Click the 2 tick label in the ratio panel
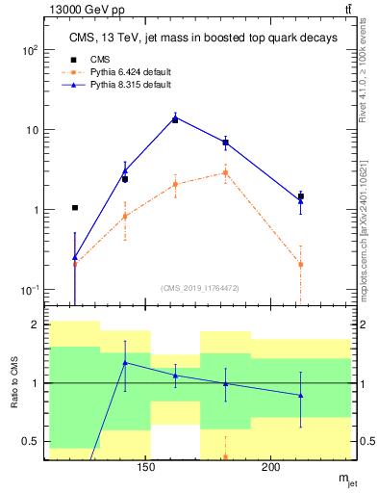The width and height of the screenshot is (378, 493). click(x=37, y=325)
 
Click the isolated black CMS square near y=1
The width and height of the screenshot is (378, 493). click(x=75, y=207)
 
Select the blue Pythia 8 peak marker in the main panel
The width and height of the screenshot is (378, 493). click(x=175, y=118)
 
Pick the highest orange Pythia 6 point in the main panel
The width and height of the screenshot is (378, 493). click(x=225, y=172)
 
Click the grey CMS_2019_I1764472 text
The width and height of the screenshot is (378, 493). click(x=199, y=287)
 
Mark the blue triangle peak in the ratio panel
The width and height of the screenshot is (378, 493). click(x=125, y=362)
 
